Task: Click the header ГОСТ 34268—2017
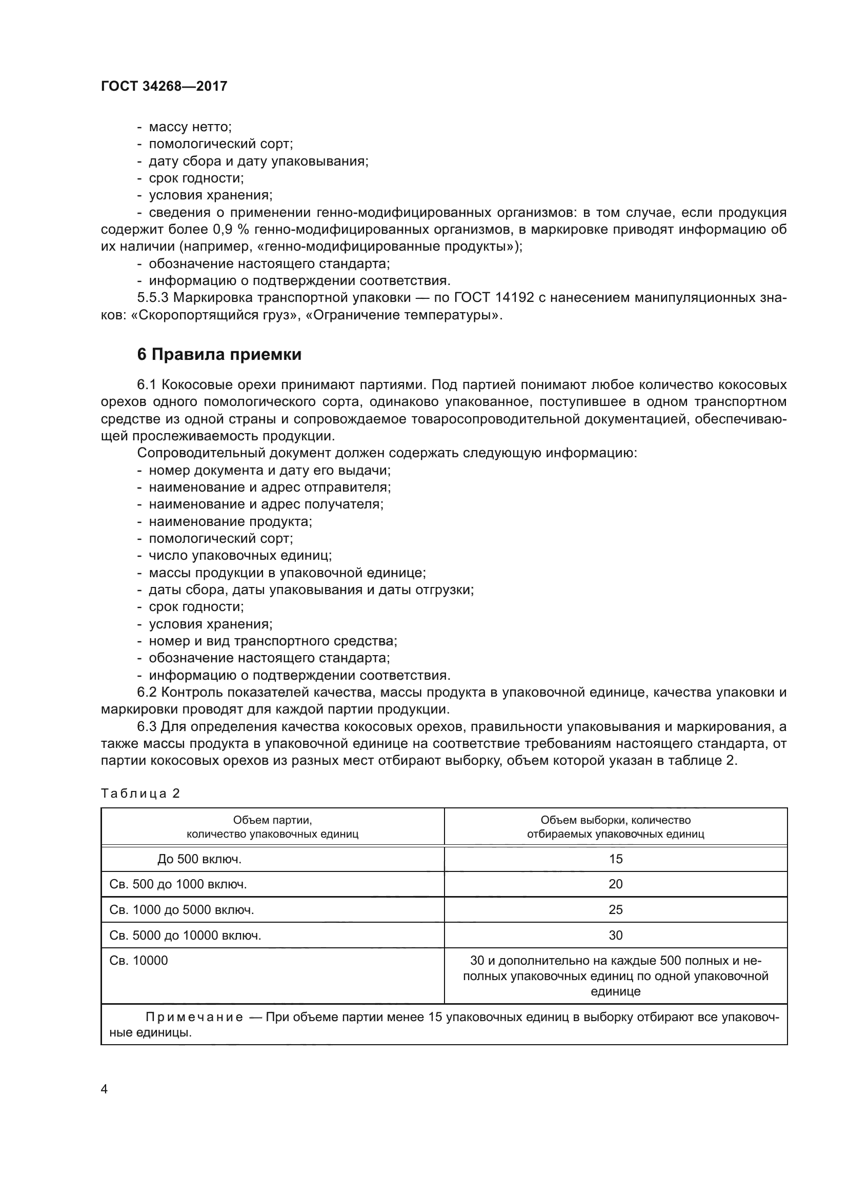164,86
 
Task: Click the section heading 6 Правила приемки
219,355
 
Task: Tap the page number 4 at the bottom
104,1089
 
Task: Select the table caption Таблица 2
140,793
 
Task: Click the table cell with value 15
616,859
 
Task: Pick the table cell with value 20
616,884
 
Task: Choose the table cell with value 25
616,910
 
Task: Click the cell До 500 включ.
199,859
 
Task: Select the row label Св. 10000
139,960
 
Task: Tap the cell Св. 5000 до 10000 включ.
186,936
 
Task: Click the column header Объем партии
272,820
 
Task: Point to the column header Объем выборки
615,820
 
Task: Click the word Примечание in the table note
194,1017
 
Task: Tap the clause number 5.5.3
153,298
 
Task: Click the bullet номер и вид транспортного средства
273,641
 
